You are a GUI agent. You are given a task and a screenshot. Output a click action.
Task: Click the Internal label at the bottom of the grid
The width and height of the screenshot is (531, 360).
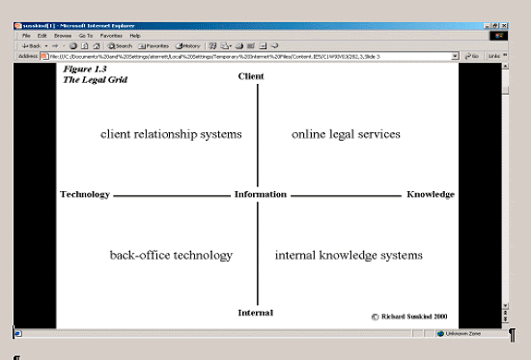(256, 313)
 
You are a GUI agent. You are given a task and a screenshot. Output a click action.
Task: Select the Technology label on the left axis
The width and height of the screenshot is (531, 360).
(85, 195)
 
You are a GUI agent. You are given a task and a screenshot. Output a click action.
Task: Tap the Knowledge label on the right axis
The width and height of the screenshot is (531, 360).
(431, 195)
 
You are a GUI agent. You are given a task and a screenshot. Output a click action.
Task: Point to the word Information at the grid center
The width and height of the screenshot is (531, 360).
(260, 195)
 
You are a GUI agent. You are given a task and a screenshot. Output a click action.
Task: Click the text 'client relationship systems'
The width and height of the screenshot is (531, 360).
(171, 134)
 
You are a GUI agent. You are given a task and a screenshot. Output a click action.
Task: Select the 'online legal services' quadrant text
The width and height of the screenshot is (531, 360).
(346, 134)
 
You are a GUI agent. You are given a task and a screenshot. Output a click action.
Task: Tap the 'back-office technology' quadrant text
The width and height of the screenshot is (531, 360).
(171, 256)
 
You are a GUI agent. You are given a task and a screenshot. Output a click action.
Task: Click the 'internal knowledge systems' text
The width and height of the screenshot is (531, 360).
(349, 256)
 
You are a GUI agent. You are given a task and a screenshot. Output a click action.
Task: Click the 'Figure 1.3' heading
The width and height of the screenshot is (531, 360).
(86, 69)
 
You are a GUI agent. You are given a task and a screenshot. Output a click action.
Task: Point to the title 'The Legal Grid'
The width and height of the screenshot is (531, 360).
(95, 80)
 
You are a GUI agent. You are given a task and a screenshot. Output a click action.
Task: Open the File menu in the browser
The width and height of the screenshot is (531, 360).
(27, 35)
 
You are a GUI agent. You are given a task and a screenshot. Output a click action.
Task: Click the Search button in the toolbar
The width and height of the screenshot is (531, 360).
(121, 45)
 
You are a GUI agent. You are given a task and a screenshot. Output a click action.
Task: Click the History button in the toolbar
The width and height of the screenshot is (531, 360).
(188, 45)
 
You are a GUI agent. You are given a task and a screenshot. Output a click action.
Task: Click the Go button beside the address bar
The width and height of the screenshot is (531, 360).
(473, 56)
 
